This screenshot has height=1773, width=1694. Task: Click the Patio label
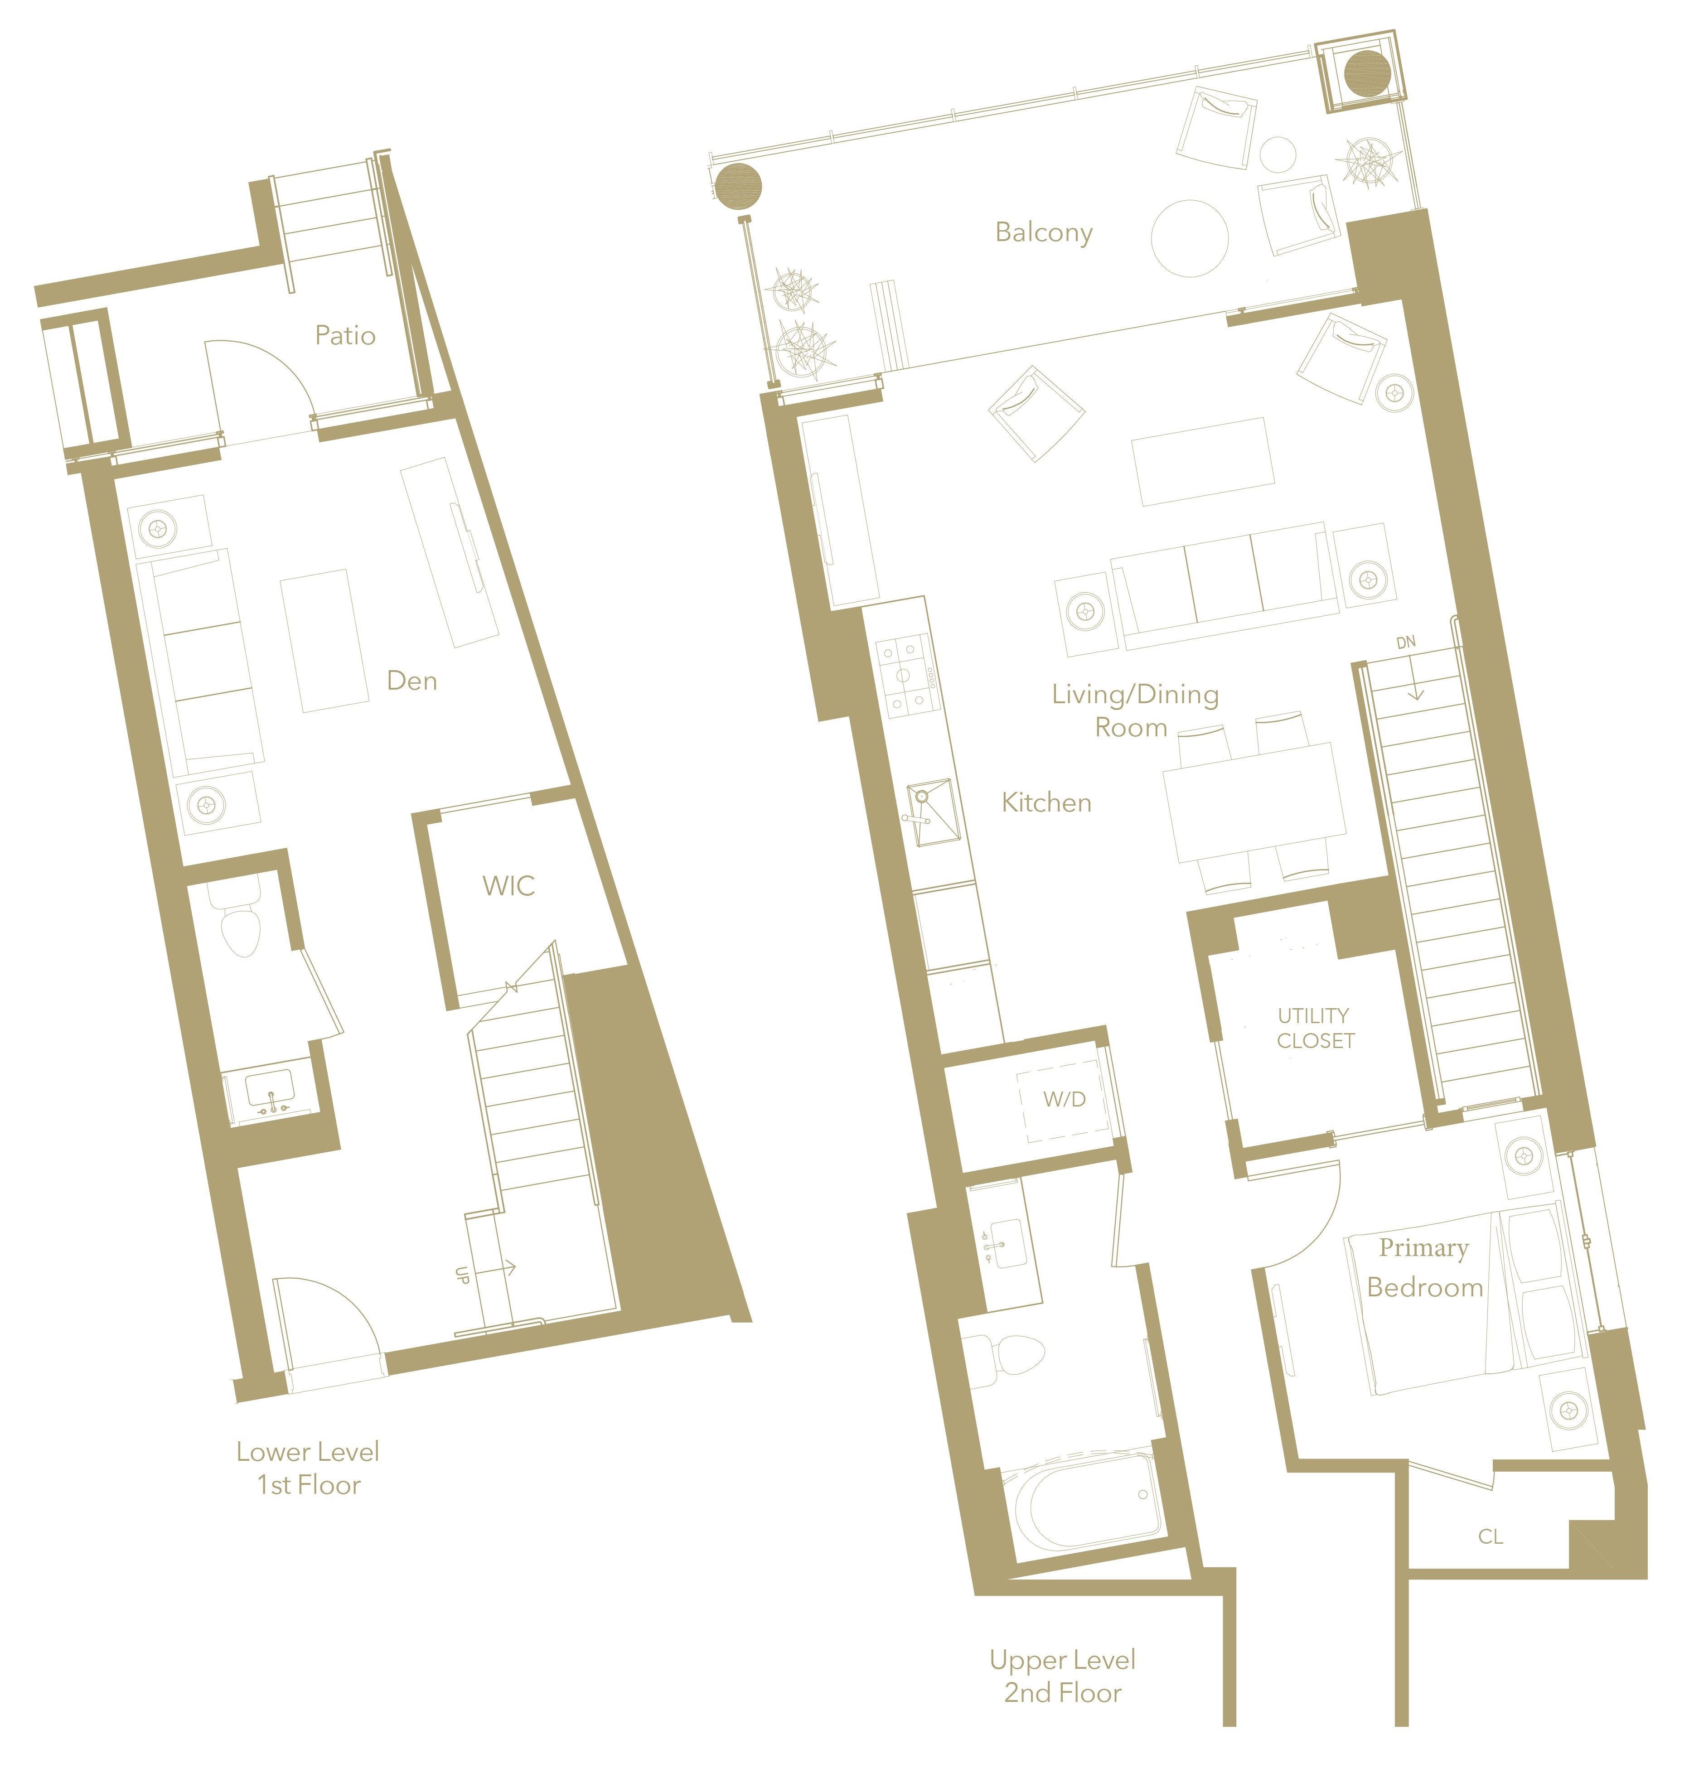pyautogui.click(x=345, y=336)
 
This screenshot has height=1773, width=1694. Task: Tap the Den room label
pyautogui.click(x=412, y=681)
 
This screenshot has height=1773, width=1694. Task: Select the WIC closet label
pyautogui.click(x=508, y=886)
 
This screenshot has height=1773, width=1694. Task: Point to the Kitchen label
pyautogui.click(x=1046, y=802)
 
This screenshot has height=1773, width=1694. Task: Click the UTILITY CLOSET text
pyautogui.click(x=1315, y=1028)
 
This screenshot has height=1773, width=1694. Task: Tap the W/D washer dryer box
pyautogui.click(x=1064, y=1100)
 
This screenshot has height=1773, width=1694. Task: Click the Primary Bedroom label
pyautogui.click(x=1425, y=1267)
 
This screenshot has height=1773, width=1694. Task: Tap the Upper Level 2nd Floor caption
pyautogui.click(x=1063, y=1676)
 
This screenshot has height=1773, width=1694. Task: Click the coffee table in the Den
pyautogui.click(x=324, y=640)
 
